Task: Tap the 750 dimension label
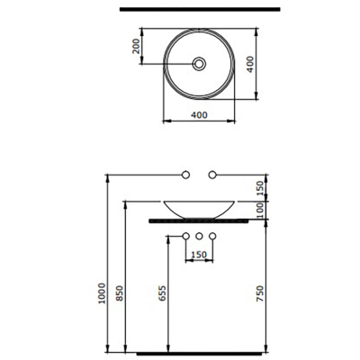pos(260,294)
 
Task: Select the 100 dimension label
pos(260,210)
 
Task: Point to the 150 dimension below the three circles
pos(198,255)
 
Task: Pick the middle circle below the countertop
pos(198,236)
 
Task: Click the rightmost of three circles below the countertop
pos(214,236)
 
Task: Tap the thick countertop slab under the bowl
pos(198,219)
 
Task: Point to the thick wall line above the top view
pos(199,9)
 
